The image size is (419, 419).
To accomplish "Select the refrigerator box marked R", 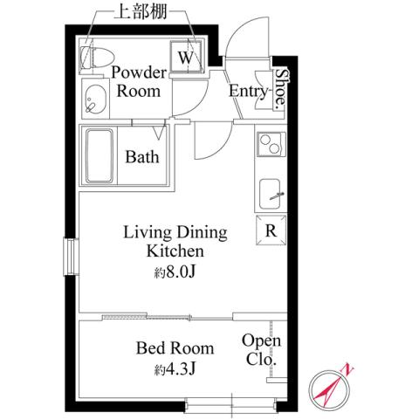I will click(271, 231).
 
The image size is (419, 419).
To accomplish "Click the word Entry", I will click(249, 91).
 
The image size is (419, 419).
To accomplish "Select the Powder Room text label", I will click(137, 82).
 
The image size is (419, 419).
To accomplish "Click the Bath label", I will click(142, 158).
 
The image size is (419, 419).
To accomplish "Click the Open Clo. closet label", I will click(260, 349).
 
